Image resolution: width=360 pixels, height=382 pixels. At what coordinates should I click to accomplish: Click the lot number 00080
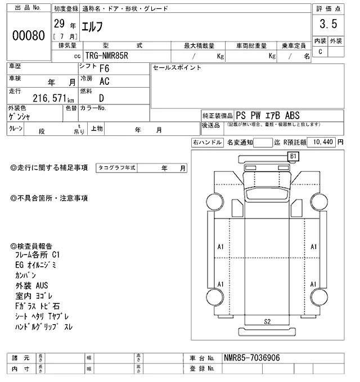coord(28,35)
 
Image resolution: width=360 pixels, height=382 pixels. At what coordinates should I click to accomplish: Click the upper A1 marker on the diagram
coord(221,246)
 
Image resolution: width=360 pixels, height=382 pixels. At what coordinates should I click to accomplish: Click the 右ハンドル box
coord(207,143)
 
